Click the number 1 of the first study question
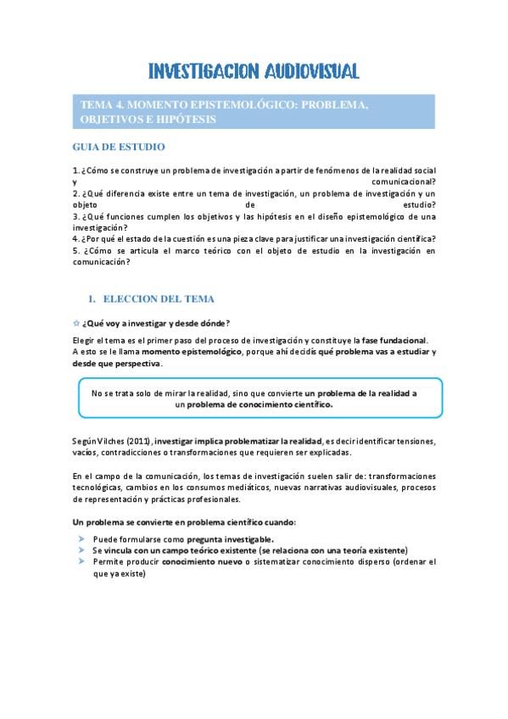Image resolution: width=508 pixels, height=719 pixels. coord(75,170)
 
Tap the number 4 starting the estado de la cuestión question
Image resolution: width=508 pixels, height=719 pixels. coord(75,239)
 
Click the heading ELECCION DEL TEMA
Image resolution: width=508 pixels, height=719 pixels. coord(159,299)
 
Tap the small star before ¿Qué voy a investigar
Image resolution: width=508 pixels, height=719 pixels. coord(75,323)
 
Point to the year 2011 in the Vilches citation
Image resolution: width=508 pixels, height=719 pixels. coord(140,441)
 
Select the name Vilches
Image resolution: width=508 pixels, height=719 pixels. coord(114,441)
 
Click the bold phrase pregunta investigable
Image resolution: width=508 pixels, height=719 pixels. coord(230,539)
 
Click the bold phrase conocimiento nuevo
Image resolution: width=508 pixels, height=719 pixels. coord(202,561)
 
